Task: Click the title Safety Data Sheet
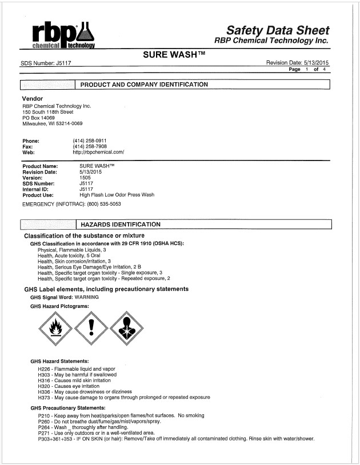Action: point(278,30)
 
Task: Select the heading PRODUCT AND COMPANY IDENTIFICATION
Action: point(143,85)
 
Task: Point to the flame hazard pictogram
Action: point(55,329)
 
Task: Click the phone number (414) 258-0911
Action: point(90,141)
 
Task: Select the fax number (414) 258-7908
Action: point(90,146)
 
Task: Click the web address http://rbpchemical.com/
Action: point(98,153)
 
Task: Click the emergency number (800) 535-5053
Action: point(104,203)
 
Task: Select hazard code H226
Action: point(44,369)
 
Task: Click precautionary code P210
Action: point(44,415)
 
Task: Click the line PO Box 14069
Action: point(41,118)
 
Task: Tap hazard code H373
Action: point(44,397)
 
